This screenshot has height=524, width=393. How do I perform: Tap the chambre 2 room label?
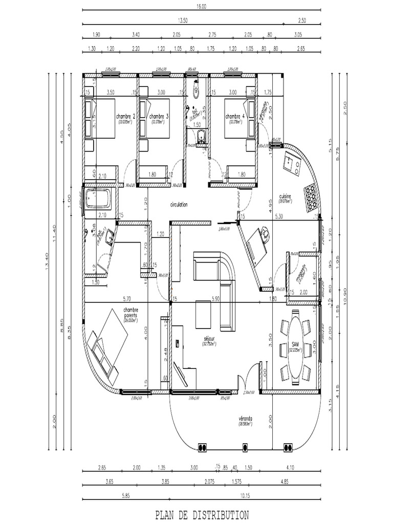coord(125,116)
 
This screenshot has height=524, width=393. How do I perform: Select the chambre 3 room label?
coord(159,116)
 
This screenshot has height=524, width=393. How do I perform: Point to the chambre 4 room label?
coord(235,116)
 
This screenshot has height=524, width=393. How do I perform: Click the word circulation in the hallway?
coord(179,204)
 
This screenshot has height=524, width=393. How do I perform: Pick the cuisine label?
coord(285,196)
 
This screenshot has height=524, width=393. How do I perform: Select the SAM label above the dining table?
coord(295,344)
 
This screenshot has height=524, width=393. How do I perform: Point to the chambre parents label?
coord(132,313)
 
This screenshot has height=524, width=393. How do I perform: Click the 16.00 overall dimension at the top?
coord(201,7)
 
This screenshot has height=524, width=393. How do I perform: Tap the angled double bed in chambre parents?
coord(107,341)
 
